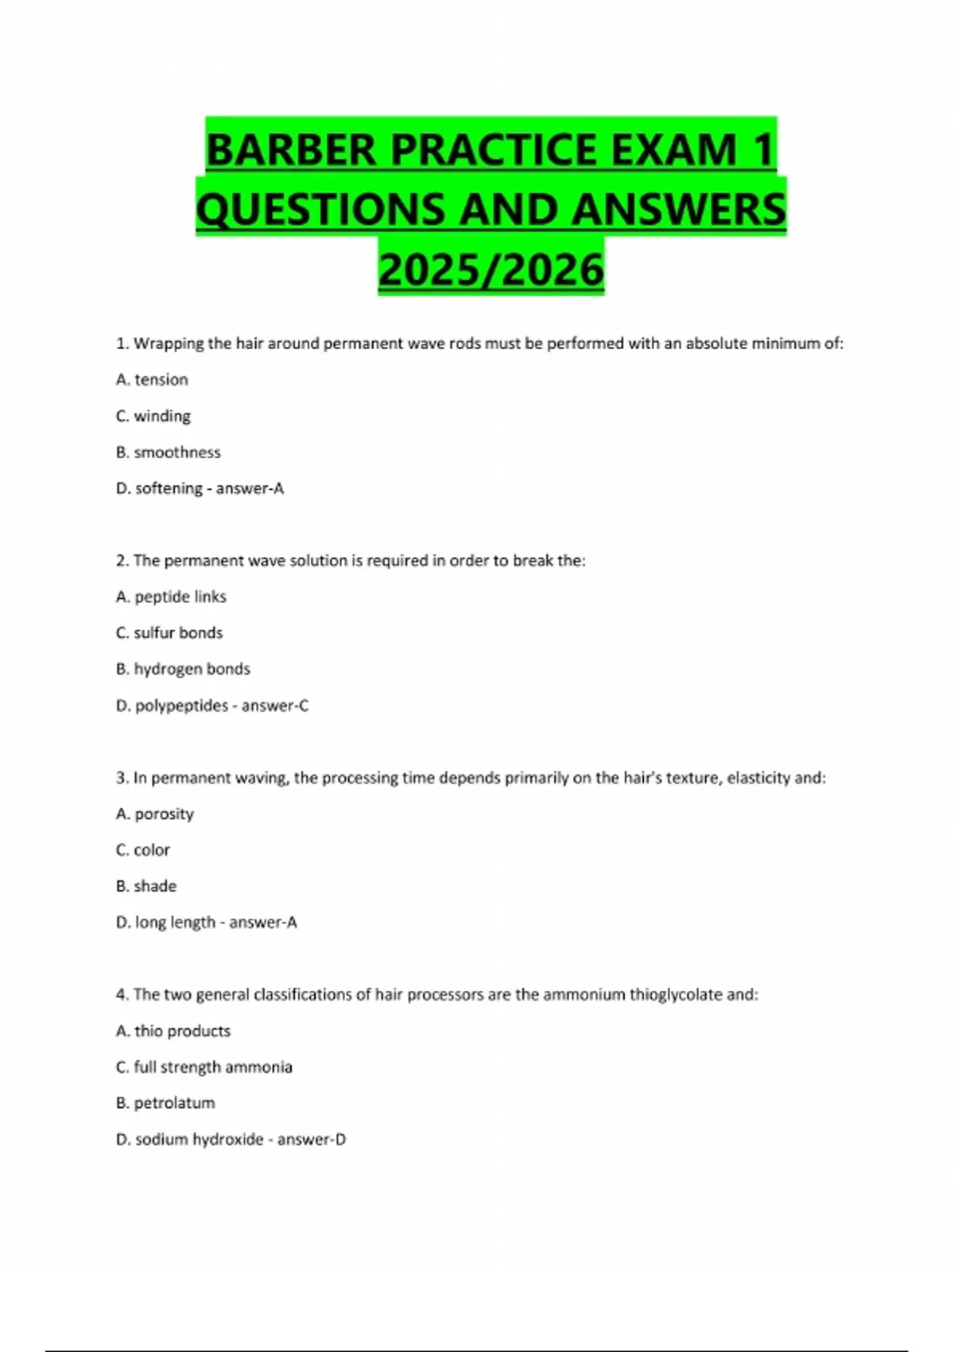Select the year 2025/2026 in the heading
pos(491,270)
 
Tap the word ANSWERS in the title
pos(678,209)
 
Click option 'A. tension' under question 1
pos(152,379)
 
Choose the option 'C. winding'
pos(153,416)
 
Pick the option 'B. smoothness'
pos(169,452)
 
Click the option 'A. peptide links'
pos(171,596)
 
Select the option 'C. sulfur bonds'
pos(169,632)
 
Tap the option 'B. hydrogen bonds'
pos(183,669)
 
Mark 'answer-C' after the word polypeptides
pos(275,705)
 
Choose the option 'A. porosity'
pos(155,814)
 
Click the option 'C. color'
pos(143,849)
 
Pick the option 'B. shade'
pos(146,886)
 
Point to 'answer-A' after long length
pos(263,923)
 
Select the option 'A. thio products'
pos(173,1031)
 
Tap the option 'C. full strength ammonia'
pos(204,1066)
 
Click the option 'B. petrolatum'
pos(165,1103)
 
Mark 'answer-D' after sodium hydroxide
pos(312,1139)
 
